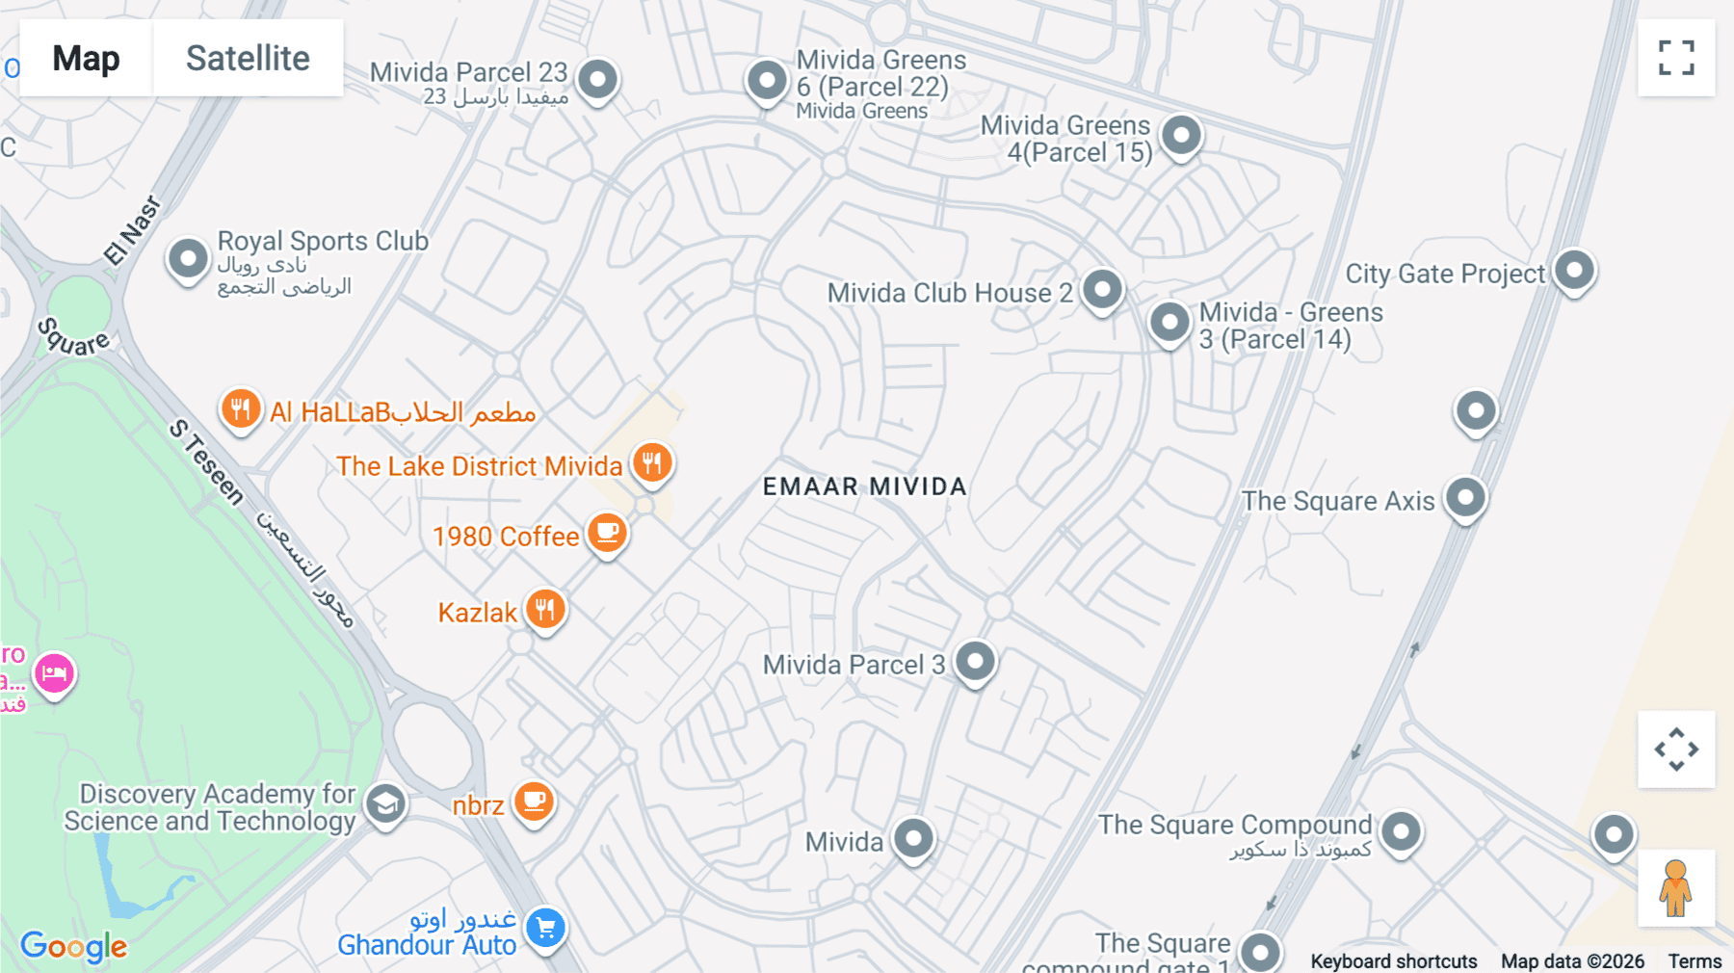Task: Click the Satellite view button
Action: tap(248, 59)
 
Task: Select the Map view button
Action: tap(86, 59)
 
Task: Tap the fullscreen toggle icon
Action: tap(1676, 58)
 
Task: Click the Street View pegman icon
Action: tap(1675, 887)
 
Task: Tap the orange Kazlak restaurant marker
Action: tap(545, 610)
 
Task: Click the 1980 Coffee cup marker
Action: tap(607, 533)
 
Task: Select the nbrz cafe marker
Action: tap(534, 802)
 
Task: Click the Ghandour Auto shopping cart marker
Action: tap(546, 928)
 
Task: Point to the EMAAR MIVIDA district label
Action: tap(864, 486)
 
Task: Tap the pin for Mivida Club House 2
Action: tap(1102, 288)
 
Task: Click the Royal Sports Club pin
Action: tap(188, 258)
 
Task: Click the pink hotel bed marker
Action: tap(54, 673)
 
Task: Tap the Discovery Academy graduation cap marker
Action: tap(386, 803)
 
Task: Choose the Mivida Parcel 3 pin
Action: tap(975, 661)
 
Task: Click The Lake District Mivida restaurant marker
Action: tap(652, 462)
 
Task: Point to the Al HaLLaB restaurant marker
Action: tap(241, 409)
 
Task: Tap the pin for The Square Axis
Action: tap(1465, 497)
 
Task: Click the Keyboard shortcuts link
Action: tap(1393, 960)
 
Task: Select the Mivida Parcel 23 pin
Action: tap(597, 78)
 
